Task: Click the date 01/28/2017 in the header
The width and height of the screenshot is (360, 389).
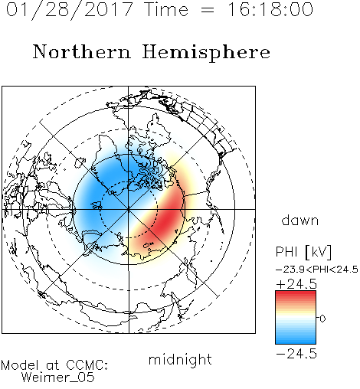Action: pyautogui.click(x=69, y=9)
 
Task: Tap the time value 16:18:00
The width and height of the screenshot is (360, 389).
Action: pyautogui.click(x=270, y=9)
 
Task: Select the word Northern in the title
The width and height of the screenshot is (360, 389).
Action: pyautogui.click(x=82, y=52)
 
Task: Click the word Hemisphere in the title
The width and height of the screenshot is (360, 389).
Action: pyautogui.click(x=206, y=53)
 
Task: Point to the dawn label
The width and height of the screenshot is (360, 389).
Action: pyautogui.click(x=300, y=220)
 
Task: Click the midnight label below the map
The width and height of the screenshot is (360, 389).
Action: pyautogui.click(x=180, y=360)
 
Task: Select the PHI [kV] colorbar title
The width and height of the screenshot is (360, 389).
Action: pyautogui.click(x=303, y=252)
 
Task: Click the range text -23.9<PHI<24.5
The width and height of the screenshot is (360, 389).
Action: pyautogui.click(x=317, y=270)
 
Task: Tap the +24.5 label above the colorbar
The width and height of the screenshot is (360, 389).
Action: pyautogui.click(x=296, y=284)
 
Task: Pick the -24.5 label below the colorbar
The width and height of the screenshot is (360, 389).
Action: pyautogui.click(x=296, y=354)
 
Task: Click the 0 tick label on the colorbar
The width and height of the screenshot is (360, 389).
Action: pyautogui.click(x=322, y=319)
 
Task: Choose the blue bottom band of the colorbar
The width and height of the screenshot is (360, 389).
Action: pyautogui.click(x=296, y=339)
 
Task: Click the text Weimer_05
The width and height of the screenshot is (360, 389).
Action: pyautogui.click(x=58, y=378)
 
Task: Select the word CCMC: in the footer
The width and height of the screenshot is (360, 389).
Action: pyautogui.click(x=87, y=365)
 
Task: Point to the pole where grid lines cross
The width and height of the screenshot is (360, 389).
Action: pyautogui.click(x=129, y=209)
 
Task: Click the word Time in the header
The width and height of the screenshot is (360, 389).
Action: pyautogui.click(x=166, y=9)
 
